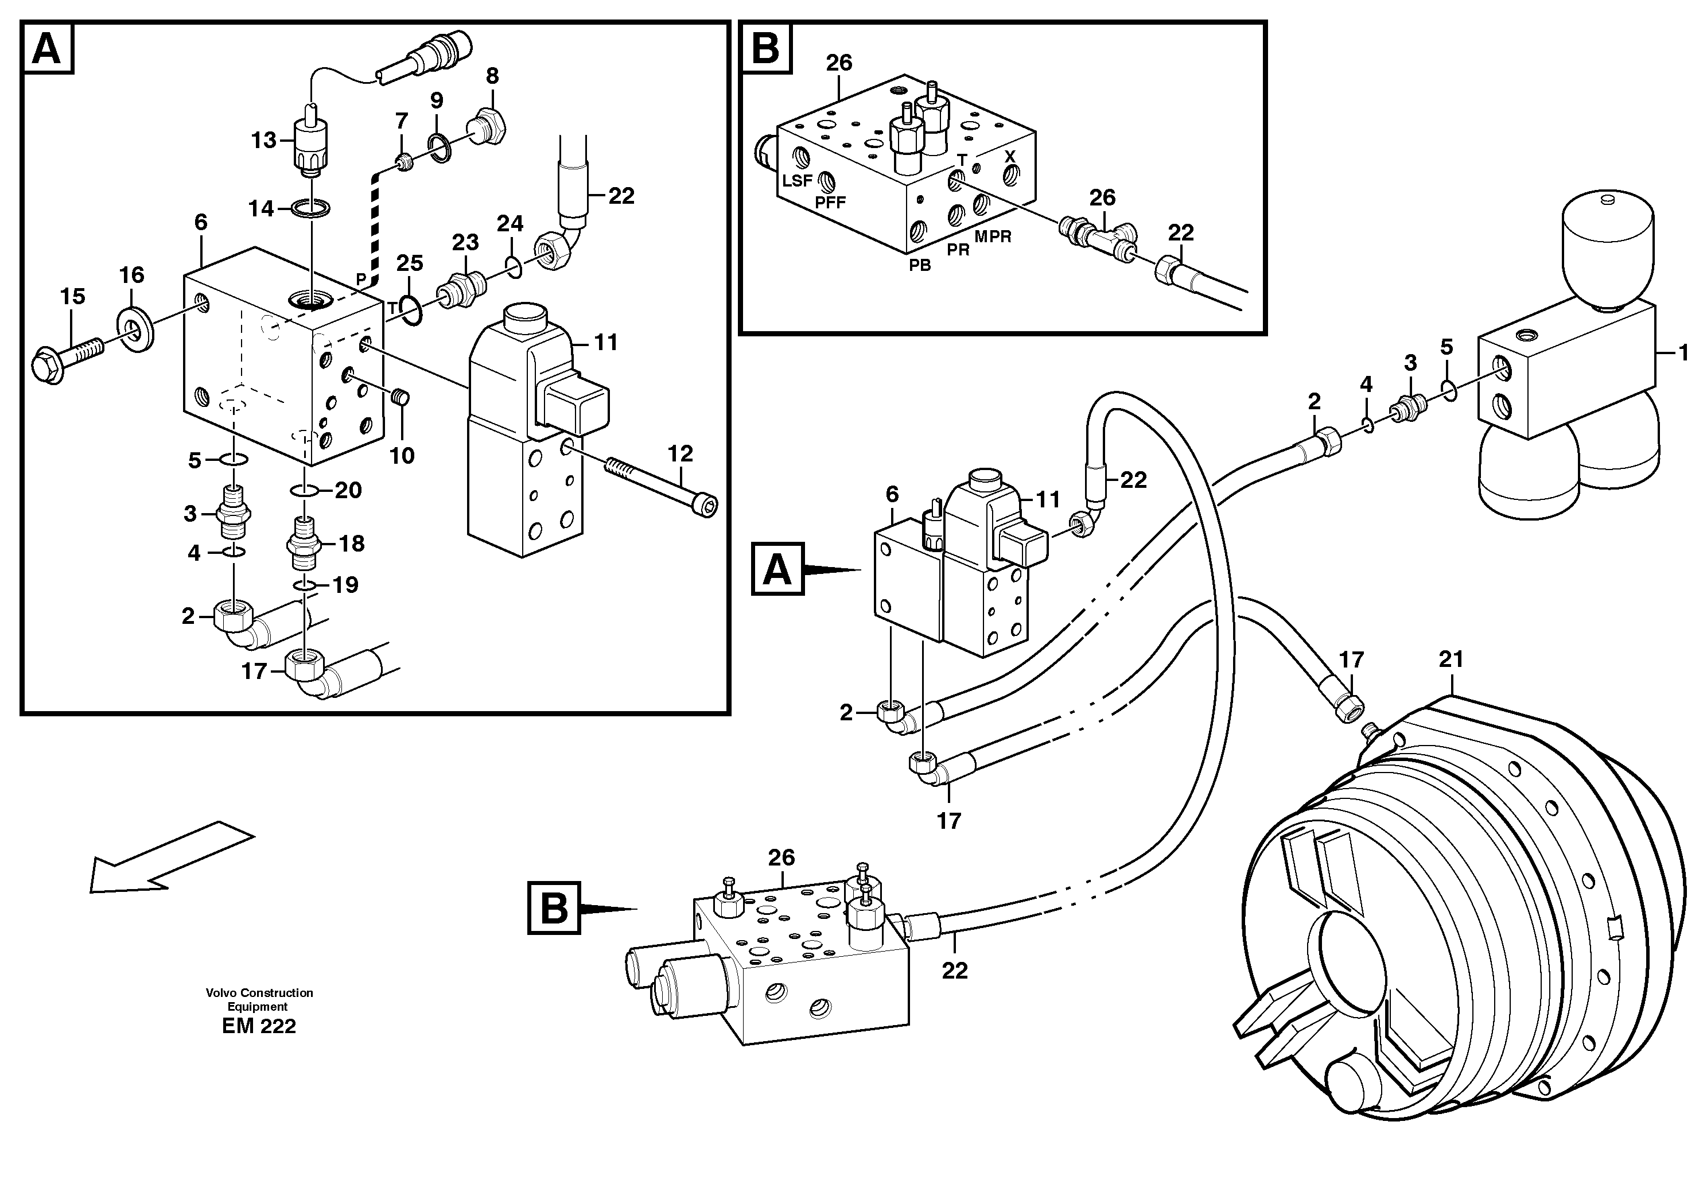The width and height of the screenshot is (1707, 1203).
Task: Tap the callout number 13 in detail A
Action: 263,140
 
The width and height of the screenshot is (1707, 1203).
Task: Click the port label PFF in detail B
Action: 830,202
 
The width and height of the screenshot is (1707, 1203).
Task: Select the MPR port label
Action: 993,236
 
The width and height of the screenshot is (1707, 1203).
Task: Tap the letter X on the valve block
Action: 1009,157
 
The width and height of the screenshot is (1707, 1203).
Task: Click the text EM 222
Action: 259,1026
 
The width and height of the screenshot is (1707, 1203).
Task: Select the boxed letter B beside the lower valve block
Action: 554,908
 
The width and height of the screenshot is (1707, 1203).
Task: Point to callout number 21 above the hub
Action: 1451,659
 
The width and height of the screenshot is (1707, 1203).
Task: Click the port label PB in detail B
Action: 920,265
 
